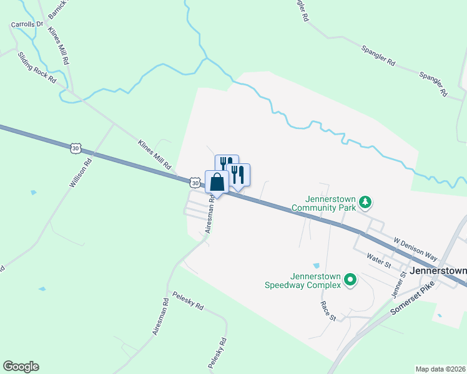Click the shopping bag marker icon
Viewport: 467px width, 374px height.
tap(217, 183)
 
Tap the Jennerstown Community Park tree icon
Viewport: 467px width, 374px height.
tap(366, 202)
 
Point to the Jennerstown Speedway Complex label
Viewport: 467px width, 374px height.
tap(315, 280)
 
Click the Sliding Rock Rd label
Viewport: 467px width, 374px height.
tap(37, 69)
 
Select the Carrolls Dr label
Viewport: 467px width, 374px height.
tap(26, 25)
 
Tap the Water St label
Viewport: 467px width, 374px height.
tap(379, 261)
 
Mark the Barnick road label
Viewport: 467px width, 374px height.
tap(55, 8)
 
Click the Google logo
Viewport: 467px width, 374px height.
tap(21, 367)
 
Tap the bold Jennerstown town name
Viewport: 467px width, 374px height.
tap(440, 271)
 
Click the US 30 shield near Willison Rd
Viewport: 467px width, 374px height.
tap(76, 148)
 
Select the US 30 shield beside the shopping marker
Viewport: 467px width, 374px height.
tap(195, 183)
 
